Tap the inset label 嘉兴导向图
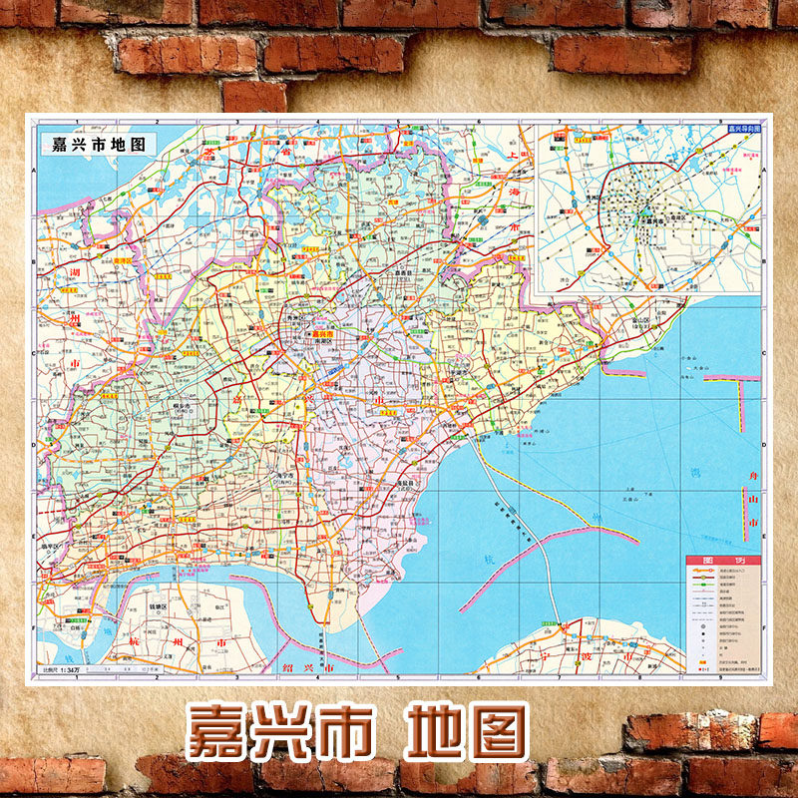(x=744, y=128)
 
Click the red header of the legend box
(x=723, y=562)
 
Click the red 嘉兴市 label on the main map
(x=321, y=334)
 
